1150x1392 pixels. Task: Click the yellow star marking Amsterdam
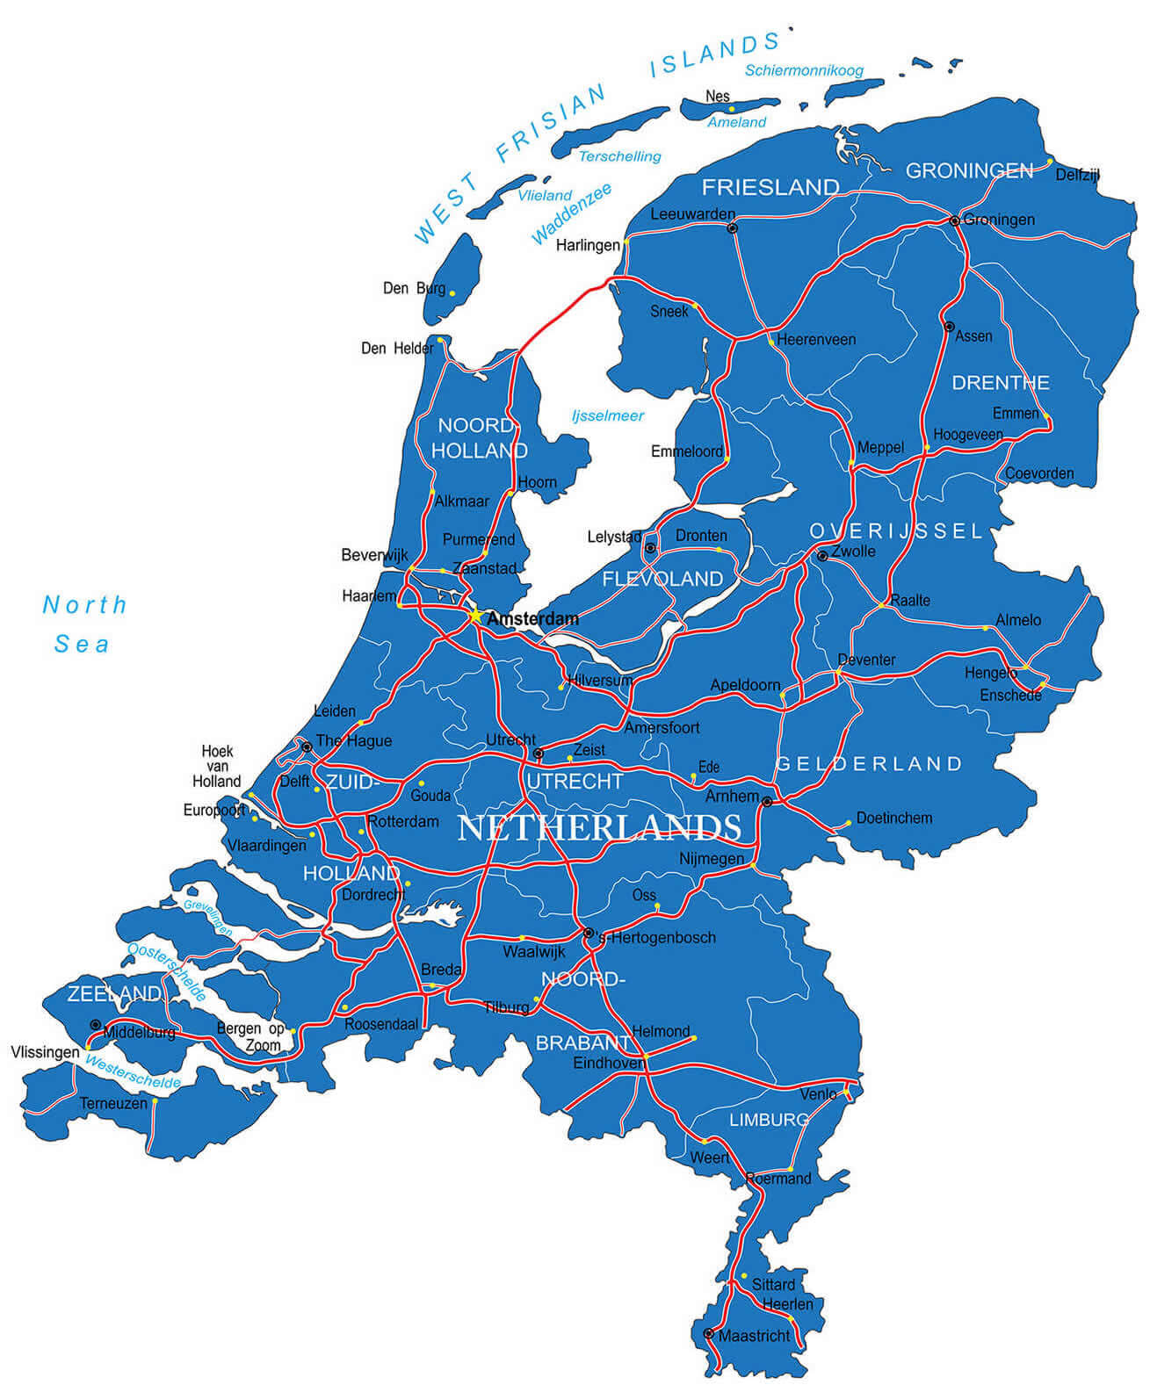point(474,616)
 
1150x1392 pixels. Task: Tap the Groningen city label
point(999,220)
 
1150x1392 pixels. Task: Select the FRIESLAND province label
point(770,187)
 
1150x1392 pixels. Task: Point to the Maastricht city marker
point(709,1333)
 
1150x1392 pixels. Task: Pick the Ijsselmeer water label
point(608,415)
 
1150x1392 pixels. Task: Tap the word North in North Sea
point(85,604)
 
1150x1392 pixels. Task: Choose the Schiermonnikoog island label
point(804,70)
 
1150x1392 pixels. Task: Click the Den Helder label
point(397,349)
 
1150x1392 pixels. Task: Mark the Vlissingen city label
point(45,1052)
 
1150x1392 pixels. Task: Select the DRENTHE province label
point(1001,383)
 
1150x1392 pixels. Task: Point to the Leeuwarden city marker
point(732,227)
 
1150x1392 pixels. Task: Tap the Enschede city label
point(1010,696)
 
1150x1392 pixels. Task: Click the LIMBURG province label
point(769,1120)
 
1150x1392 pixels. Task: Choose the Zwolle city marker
point(821,556)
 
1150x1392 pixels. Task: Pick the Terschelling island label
point(619,156)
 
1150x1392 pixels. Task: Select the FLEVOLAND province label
point(662,579)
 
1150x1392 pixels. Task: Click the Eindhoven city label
point(609,1063)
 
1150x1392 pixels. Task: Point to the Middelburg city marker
point(95,1025)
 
